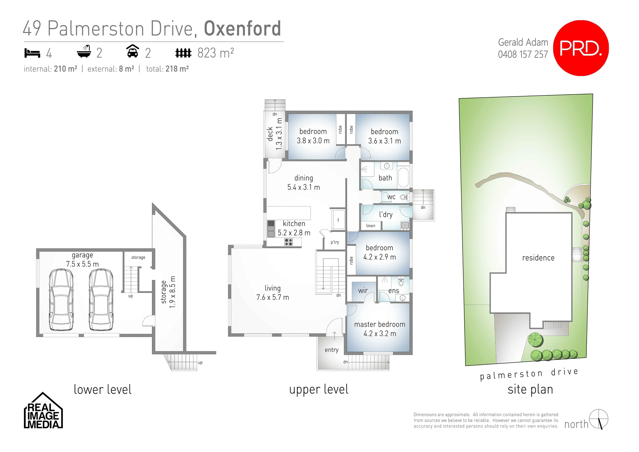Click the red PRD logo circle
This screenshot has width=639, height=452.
(581, 48)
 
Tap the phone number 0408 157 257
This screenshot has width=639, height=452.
(523, 54)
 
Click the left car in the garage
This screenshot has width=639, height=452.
(61, 300)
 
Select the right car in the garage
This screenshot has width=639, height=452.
(101, 300)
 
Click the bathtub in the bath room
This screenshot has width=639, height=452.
(403, 177)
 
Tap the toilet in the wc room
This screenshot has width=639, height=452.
(404, 197)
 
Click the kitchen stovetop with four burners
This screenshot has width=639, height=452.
(288, 242)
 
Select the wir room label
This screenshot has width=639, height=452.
(363, 291)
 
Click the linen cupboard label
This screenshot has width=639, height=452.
(370, 226)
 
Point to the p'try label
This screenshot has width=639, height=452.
(334, 242)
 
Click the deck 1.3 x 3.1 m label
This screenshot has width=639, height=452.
(275, 134)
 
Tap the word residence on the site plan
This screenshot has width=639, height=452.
(538, 258)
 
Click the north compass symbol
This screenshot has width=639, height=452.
(598, 419)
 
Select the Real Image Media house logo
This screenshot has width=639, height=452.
(43, 411)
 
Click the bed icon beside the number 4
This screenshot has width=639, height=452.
(32, 53)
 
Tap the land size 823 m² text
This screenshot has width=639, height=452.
(215, 53)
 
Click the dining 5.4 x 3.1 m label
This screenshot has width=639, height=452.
(304, 183)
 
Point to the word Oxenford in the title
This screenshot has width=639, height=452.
(242, 29)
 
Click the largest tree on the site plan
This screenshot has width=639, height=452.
(535, 340)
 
